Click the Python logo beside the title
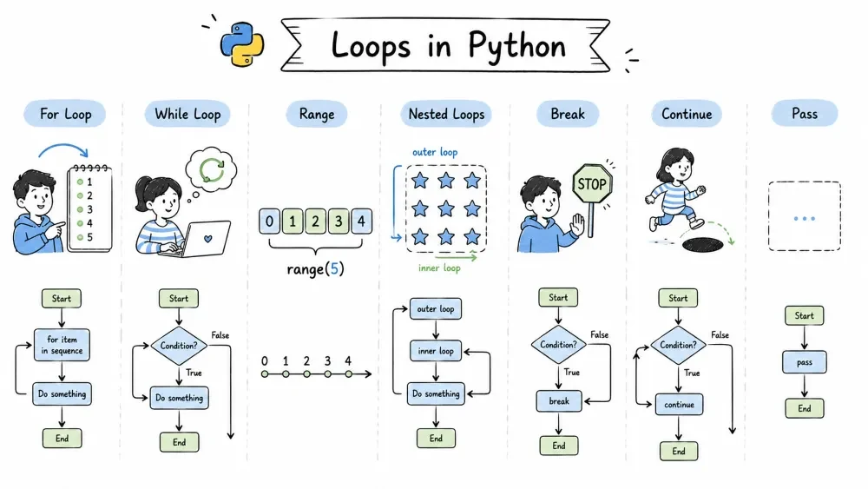point(242,44)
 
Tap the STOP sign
point(592,183)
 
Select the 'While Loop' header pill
point(187,114)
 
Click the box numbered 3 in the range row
point(339,221)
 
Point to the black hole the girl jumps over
point(703,244)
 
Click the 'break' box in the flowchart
point(558,401)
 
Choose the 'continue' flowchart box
point(679,404)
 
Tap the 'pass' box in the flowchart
point(805,362)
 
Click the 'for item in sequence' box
point(62,345)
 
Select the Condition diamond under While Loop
point(179,346)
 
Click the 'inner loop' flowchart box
point(436,351)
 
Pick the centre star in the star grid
point(446,208)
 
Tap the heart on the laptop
point(208,239)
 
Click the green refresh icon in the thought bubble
point(212,170)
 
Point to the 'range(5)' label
point(316,269)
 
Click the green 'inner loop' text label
point(439,268)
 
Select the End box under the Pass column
point(805,409)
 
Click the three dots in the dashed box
point(805,218)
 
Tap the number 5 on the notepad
point(89,237)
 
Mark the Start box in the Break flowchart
point(558,297)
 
